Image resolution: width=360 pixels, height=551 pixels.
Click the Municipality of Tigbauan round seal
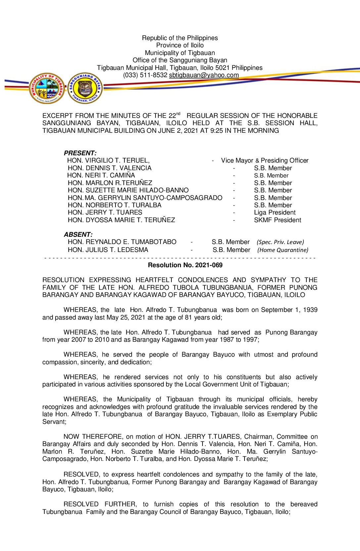(x=47, y=88)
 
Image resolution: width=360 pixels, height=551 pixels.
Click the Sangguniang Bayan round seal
(x=85, y=88)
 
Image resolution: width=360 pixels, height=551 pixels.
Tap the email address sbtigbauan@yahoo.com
(x=204, y=75)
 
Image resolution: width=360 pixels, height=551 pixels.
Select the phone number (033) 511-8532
(x=145, y=75)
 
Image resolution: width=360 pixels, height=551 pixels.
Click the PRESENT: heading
(x=80, y=153)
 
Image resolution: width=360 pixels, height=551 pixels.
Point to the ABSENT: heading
(x=78, y=234)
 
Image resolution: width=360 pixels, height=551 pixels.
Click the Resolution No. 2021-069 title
(x=185, y=265)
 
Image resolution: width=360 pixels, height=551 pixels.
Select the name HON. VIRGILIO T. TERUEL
(x=108, y=161)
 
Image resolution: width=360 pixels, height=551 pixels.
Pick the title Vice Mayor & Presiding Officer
(x=265, y=161)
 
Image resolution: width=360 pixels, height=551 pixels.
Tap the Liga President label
(x=275, y=213)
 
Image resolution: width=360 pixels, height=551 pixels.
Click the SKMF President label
(x=278, y=220)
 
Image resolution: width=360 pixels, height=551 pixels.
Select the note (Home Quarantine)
(x=283, y=250)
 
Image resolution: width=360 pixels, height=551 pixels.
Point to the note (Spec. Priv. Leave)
(x=280, y=242)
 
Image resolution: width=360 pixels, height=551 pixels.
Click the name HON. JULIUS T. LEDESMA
(x=108, y=250)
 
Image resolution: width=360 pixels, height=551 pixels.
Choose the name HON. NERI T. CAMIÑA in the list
(x=101, y=175)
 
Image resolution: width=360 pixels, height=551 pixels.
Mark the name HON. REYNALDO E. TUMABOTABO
(x=122, y=242)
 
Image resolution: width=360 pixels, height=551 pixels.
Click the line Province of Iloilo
(x=180, y=45)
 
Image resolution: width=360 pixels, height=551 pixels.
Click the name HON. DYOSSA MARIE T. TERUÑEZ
(x=121, y=220)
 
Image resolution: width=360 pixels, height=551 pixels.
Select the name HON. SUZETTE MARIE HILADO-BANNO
(x=128, y=190)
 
